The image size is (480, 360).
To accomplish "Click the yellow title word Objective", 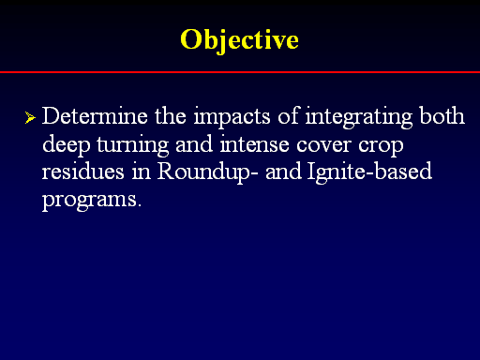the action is pyautogui.click(x=239, y=39).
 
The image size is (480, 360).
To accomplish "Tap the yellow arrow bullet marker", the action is pyautogui.click(x=30, y=117).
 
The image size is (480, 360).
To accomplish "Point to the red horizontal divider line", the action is pyautogui.click(x=240, y=72).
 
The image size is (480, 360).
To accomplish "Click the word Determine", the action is pyautogui.click(x=95, y=116).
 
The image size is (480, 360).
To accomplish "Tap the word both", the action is pyautogui.click(x=442, y=115).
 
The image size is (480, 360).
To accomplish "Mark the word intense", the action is pyautogui.click(x=254, y=144).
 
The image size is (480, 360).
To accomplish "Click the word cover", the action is pyautogui.click(x=323, y=145).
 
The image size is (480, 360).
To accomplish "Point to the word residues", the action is pyautogui.click(x=83, y=172).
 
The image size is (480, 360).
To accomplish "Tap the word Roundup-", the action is pyautogui.click(x=208, y=172).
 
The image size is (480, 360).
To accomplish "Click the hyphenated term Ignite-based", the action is pyautogui.click(x=369, y=172).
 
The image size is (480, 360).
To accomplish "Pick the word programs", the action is pyautogui.click(x=92, y=201).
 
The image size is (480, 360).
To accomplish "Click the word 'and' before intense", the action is pyautogui.click(x=194, y=143).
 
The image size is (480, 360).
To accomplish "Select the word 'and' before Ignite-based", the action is pyautogui.click(x=283, y=172).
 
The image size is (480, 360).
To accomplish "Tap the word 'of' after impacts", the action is pyautogui.click(x=288, y=115).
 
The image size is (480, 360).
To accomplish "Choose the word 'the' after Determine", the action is pyautogui.click(x=171, y=115).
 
